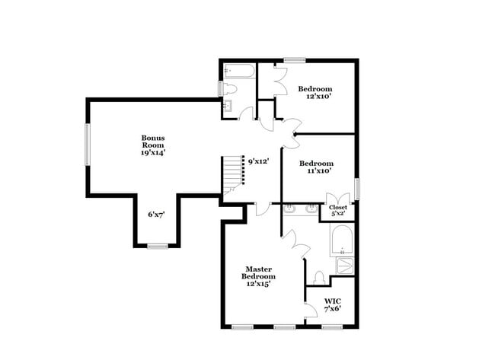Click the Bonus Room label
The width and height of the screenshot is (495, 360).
(152, 142)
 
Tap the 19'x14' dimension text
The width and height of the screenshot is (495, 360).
(152, 153)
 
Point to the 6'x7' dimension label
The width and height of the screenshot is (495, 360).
(157, 215)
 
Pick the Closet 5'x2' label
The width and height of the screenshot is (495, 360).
(337, 210)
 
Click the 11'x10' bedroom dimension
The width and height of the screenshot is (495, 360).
(316, 172)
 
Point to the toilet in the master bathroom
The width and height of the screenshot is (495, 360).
(320, 276)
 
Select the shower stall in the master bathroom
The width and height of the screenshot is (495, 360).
(345, 266)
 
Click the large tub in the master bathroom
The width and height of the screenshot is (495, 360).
(340, 241)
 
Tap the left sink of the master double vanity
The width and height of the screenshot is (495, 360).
(290, 209)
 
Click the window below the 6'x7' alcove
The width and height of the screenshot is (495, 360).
(158, 246)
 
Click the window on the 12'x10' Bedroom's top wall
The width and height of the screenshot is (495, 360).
(294, 59)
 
